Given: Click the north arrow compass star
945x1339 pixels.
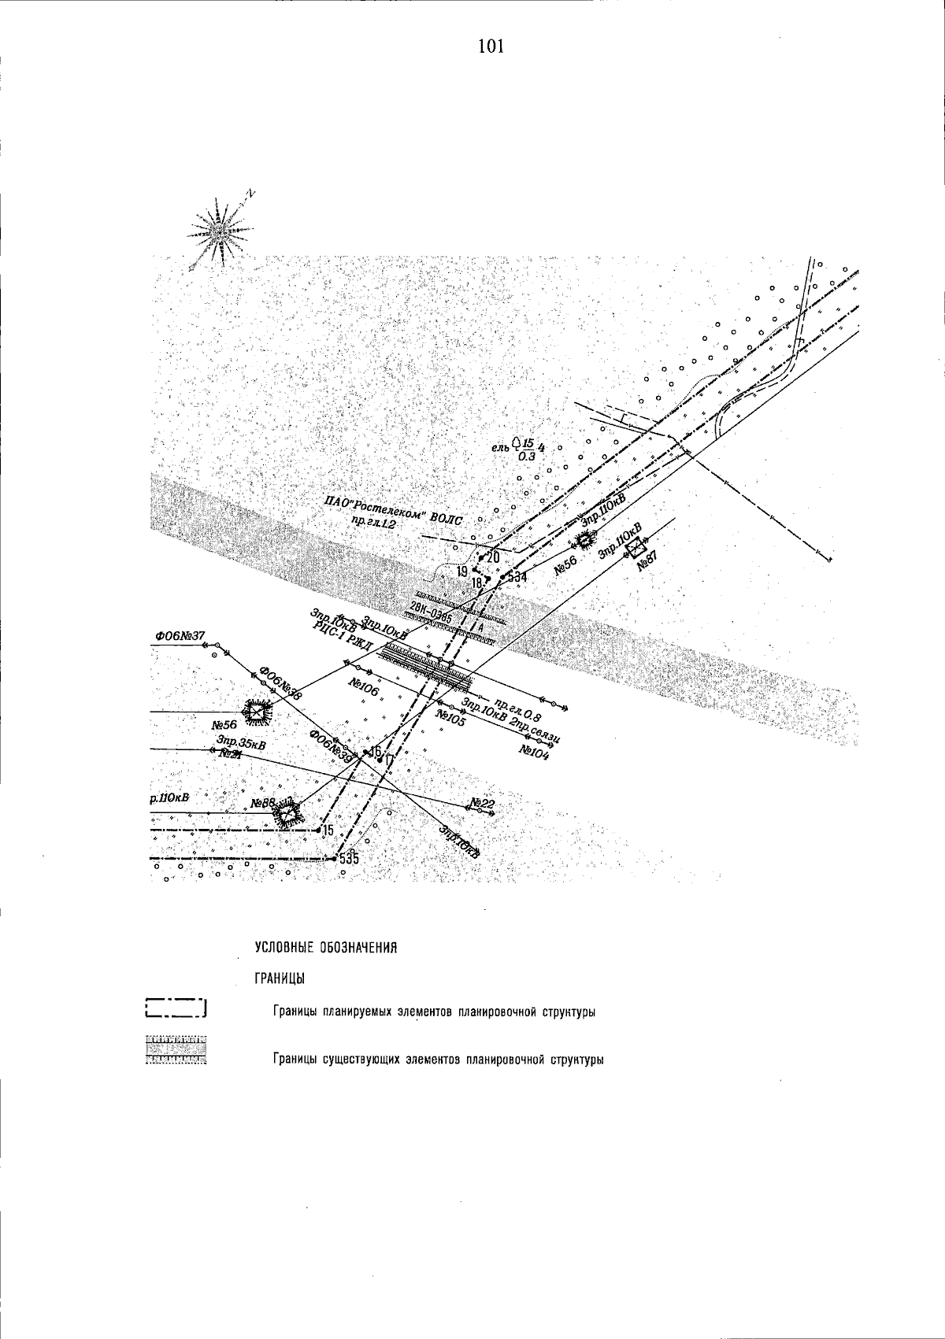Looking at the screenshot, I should [x=220, y=231].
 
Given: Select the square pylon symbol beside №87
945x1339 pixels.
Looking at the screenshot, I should [x=636, y=547].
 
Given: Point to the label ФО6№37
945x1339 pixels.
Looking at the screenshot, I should [x=180, y=635].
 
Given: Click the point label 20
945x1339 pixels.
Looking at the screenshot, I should [x=494, y=558].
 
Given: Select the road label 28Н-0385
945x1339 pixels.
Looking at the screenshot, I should [x=432, y=612].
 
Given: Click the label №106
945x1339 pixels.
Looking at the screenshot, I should [x=364, y=686].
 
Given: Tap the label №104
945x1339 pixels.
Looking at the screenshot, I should [x=533, y=749].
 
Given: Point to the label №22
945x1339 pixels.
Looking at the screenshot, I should [x=482, y=803].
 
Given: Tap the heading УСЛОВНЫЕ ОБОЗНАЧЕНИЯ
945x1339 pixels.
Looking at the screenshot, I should [x=325, y=947].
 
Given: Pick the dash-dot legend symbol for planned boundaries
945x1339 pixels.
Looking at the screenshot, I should [x=176, y=1009].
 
